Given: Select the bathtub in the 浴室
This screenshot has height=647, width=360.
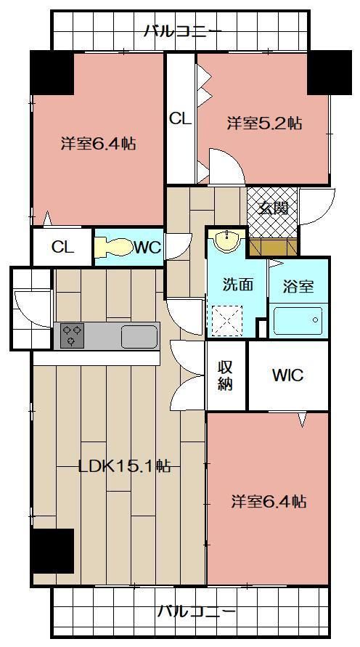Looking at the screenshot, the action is tap(298, 320).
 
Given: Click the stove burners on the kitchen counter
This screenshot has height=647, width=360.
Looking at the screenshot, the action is tap(72, 335).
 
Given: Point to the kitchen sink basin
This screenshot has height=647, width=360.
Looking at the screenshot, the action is tap(139, 336).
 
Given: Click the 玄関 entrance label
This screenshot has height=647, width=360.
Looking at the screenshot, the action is tap(273, 209).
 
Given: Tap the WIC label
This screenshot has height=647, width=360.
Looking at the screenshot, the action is tap(288, 375).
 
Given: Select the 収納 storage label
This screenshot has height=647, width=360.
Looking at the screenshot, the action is tap(226, 375).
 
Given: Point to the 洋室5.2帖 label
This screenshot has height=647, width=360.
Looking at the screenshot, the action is tap(264, 123).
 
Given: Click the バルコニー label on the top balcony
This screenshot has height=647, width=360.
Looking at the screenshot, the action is tap(183, 31).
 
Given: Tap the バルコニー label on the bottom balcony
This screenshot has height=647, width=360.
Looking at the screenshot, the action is tap(197, 610).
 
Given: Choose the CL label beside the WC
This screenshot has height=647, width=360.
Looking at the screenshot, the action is tap(62, 247).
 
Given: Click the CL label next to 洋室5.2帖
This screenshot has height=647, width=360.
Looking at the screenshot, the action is tap(181, 119).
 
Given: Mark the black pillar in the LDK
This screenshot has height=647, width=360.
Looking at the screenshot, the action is tap(52, 550).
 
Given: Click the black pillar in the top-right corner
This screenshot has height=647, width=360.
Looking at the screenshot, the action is tap(330, 73).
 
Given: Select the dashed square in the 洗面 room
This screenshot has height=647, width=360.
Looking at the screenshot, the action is tap(226, 321).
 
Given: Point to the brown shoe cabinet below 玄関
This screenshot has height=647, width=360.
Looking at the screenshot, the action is tap(274, 247).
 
